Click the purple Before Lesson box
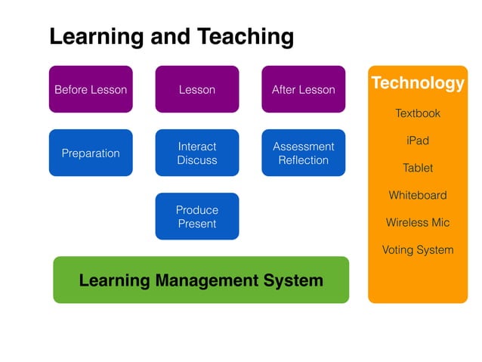point(91,89)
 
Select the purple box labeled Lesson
point(197,89)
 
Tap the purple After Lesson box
point(303,89)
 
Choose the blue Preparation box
point(91,153)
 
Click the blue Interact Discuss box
point(197,153)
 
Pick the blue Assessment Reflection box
point(303,153)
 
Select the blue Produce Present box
point(197,216)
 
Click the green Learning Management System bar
point(201,280)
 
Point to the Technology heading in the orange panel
point(418,83)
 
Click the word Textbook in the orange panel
point(418,113)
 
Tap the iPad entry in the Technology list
point(418,141)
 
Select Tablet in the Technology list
point(418,168)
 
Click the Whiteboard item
point(418,195)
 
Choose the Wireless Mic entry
point(418,222)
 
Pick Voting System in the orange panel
point(418,249)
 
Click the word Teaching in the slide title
point(246,36)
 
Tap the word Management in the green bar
point(202,280)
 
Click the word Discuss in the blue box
point(197,160)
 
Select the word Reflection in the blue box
point(303,160)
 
